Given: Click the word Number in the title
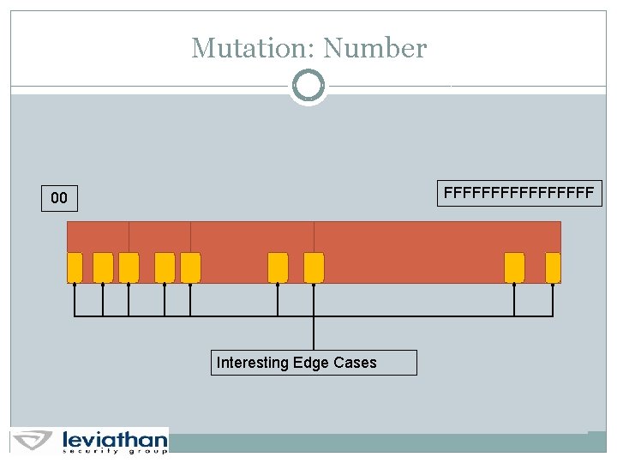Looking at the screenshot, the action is point(375,48).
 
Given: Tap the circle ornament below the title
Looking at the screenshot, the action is point(308,86).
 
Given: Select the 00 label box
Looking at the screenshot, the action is point(59,198).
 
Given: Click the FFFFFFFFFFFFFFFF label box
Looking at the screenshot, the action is point(519,194).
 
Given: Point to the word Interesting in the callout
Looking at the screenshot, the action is point(253,363).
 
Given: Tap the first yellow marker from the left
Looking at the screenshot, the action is point(75,268).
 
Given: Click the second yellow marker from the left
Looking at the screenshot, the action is point(103,268).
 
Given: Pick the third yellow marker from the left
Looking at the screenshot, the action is point(129,268).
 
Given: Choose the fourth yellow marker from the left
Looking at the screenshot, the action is point(165,268).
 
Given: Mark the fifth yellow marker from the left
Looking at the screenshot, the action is point(190,268).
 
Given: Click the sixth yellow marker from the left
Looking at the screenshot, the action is point(278,268).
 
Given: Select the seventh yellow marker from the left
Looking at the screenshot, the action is point(314,268).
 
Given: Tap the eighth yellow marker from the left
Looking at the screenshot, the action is point(514,268).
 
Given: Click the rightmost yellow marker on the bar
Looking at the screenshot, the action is point(553,268).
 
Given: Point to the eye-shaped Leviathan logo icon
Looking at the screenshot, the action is point(34,440).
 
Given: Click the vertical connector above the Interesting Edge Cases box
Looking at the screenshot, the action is point(314,334).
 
